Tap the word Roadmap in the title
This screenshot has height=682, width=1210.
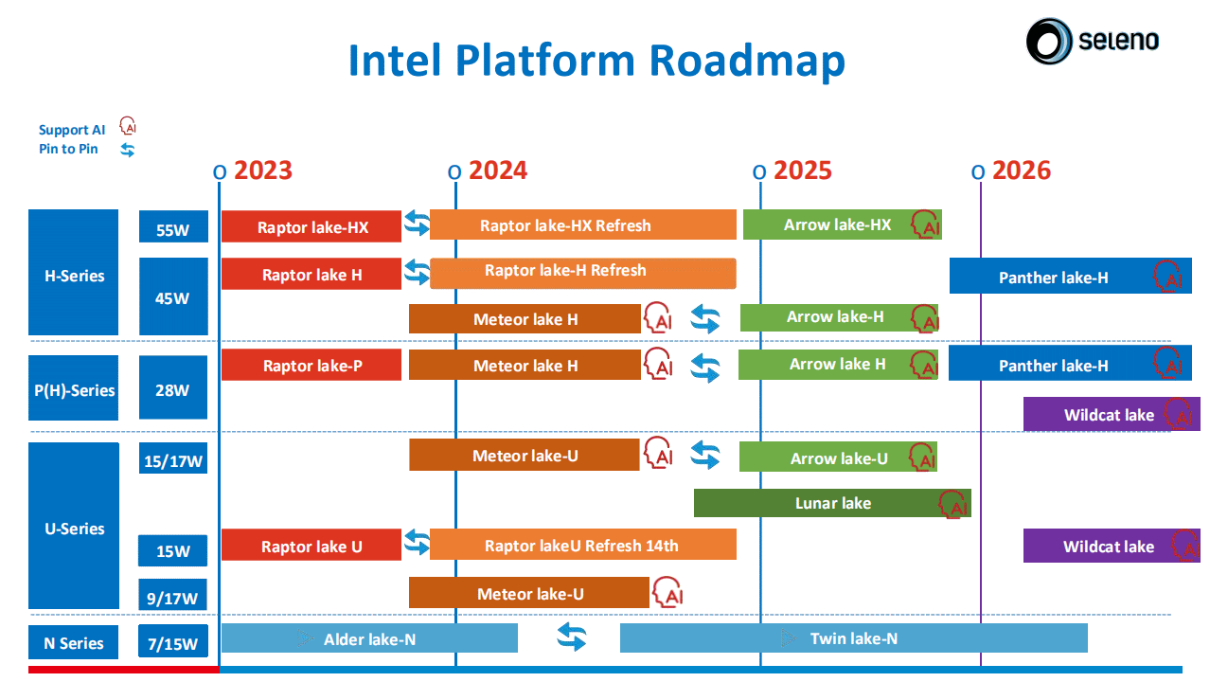[747, 61]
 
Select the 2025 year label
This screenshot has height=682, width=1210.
[803, 170]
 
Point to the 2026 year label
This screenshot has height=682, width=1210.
[1022, 170]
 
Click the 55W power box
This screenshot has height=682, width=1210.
[173, 226]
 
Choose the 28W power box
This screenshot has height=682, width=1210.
[173, 387]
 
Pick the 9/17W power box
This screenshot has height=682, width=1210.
[173, 595]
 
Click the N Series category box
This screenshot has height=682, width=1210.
[74, 642]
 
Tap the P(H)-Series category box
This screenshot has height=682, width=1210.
[74, 387]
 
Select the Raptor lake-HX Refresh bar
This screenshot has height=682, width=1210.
[583, 224]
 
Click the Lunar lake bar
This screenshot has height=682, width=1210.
[832, 503]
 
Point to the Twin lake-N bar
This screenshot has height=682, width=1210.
[853, 638]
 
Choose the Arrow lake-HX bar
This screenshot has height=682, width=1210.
[842, 224]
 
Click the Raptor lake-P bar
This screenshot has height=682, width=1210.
[311, 366]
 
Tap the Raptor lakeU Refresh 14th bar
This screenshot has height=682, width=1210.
[583, 545]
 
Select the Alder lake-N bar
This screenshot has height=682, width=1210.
[369, 638]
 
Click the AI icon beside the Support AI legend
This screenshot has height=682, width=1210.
[128, 125]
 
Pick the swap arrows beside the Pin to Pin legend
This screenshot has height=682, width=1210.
[128, 150]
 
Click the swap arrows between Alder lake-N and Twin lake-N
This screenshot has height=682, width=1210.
[572, 637]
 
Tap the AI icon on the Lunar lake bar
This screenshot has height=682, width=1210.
[952, 505]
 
